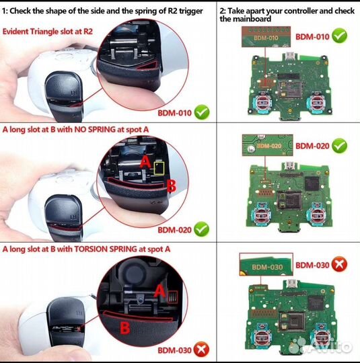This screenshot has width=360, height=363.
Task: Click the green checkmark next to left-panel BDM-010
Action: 202,112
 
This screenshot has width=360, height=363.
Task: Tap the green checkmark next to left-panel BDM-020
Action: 201,229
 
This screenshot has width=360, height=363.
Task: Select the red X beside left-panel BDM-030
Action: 201,349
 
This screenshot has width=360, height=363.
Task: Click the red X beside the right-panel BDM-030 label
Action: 339,264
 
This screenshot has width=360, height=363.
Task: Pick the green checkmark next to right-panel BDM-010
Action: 339,36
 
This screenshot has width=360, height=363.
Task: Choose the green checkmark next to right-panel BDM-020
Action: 339,146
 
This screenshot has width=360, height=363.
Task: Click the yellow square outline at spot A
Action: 159,168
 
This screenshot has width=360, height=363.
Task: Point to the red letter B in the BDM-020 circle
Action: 172,186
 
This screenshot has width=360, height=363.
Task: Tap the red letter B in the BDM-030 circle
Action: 125,327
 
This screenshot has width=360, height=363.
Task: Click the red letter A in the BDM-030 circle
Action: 159,291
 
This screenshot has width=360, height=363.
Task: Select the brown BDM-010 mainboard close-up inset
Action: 266,37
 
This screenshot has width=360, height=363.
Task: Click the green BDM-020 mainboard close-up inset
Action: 268,145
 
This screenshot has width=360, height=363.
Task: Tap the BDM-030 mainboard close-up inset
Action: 266,264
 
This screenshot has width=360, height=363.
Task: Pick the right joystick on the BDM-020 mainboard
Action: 316,215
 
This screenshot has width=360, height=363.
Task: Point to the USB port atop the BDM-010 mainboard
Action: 289,56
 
